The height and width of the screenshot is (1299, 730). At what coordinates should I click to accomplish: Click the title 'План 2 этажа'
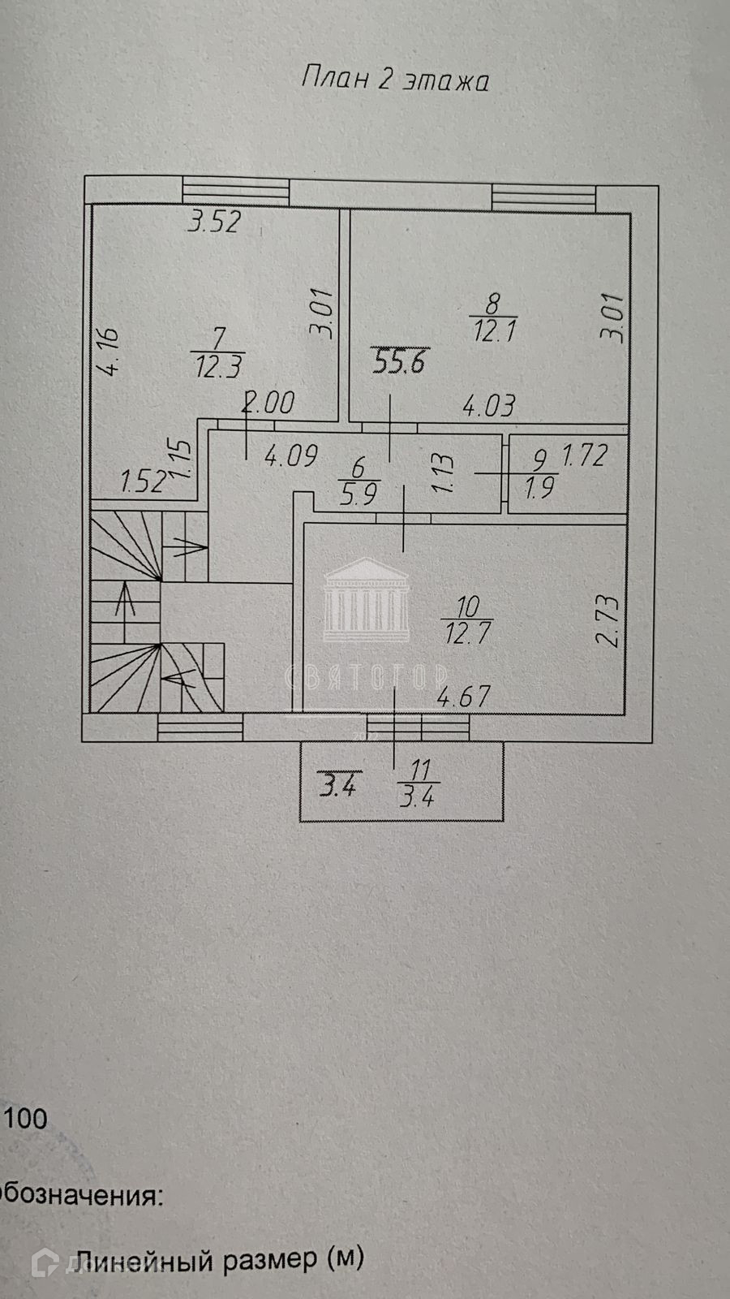(395, 80)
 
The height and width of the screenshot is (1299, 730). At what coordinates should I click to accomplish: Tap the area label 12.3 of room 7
(219, 366)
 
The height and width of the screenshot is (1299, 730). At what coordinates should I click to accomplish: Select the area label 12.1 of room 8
(495, 330)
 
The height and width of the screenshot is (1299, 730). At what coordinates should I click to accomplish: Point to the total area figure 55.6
(398, 360)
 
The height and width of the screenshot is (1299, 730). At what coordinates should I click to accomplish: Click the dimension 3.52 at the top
(214, 222)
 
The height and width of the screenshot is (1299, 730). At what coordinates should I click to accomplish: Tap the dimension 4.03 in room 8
(488, 405)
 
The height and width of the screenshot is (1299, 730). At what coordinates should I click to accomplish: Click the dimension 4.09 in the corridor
(290, 455)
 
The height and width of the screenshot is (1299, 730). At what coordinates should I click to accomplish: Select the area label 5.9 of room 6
(359, 494)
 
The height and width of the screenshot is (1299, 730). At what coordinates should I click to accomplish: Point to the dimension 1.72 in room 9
(584, 455)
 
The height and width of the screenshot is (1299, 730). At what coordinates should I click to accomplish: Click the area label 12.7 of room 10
(467, 632)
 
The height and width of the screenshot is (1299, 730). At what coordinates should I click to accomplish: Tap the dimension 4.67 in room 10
(464, 697)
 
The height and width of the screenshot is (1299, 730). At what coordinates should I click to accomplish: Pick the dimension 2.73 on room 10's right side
(608, 620)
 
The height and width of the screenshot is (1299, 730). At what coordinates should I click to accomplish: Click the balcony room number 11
(420, 768)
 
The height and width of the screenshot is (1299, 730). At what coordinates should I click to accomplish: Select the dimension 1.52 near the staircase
(144, 481)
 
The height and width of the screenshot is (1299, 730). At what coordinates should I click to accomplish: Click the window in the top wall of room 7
(235, 191)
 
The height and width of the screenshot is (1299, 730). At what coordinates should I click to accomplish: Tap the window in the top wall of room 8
(543, 196)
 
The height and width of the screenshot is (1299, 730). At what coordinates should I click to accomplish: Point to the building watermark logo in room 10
(367, 597)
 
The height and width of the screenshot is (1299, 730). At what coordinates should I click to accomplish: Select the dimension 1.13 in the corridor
(442, 473)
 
